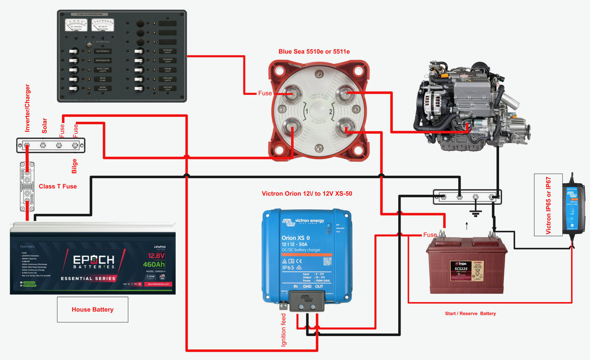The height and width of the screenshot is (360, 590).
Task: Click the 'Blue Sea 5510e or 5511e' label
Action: [x=314, y=52]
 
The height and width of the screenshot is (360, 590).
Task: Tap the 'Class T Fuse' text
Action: [x=58, y=186]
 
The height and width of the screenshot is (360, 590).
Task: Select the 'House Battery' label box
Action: [x=93, y=309]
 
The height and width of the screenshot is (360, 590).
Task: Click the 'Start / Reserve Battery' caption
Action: [x=470, y=313]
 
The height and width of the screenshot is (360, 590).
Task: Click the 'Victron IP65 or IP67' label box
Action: [x=548, y=204]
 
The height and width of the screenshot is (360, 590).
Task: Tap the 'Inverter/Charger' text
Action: [x=28, y=108]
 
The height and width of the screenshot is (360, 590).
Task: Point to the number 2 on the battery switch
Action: [x=330, y=112]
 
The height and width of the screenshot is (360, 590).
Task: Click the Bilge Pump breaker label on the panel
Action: [x=102, y=79]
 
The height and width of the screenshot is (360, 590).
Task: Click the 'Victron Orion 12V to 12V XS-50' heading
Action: [x=307, y=194]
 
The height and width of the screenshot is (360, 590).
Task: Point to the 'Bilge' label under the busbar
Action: [x=74, y=166]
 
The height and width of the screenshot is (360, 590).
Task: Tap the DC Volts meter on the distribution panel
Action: [x=103, y=24]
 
